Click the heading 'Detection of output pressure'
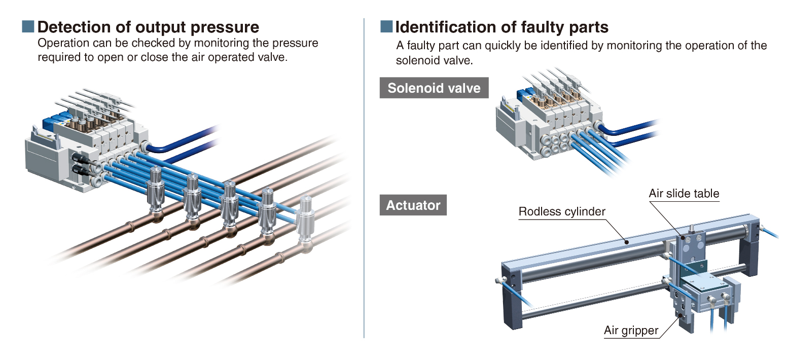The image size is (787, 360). point(148,26)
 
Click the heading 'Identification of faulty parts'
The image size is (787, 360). point(502,26)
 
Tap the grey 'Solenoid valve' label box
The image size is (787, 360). point(434,88)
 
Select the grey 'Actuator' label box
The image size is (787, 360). point(413,205)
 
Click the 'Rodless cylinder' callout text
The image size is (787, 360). point(562,211)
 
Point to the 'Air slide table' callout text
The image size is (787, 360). point(684,193)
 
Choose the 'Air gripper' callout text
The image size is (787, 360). point(631,331)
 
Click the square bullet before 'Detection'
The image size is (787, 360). point(28,26)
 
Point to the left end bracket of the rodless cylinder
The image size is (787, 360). point(512,294)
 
